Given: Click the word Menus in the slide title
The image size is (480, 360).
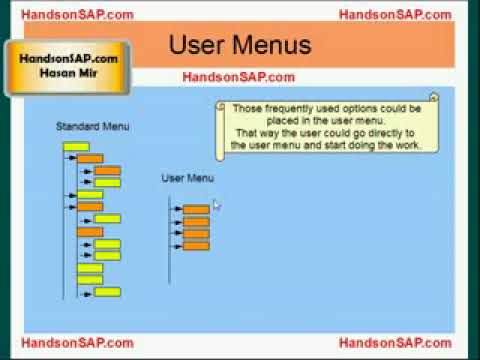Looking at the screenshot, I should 274,45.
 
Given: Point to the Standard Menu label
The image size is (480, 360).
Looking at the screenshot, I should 92,127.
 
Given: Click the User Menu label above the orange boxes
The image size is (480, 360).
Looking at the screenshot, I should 188,178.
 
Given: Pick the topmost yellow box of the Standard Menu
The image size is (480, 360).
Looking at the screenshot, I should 76,147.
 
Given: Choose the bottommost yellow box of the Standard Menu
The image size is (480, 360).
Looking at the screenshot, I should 107,292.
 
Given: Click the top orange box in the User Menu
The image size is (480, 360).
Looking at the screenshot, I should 196,209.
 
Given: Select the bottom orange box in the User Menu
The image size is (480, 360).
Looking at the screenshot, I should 196,245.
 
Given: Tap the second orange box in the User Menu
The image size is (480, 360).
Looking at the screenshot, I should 196,221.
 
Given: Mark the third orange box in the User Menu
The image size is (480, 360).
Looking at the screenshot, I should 196,233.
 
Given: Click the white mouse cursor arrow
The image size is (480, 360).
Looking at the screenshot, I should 217,205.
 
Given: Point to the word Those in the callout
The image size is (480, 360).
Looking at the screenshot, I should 246,107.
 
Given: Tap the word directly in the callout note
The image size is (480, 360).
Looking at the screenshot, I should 381,132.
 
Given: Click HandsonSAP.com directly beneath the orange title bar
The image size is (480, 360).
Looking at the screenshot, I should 238,77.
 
